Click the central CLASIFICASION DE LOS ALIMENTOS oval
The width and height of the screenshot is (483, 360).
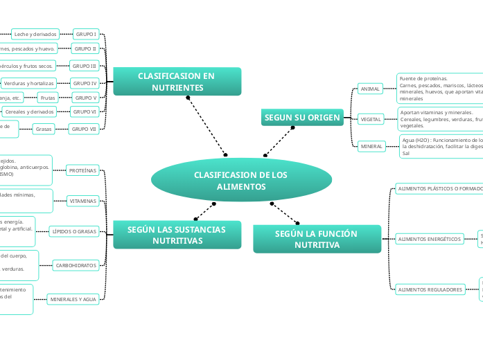240,181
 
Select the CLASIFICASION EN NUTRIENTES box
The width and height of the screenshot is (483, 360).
177,82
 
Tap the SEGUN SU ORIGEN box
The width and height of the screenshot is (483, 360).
302,118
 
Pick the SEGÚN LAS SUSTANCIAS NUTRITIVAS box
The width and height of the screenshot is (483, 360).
177,235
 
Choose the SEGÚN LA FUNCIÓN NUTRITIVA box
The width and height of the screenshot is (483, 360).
317,239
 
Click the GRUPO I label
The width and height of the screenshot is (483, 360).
86,33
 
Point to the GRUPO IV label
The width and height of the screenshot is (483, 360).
85,83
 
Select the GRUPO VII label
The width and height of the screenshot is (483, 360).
84,129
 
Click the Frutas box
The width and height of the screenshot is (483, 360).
47,98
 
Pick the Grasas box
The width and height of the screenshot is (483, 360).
44,129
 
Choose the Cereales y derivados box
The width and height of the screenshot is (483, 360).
30,111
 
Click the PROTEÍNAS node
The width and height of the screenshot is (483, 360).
82,170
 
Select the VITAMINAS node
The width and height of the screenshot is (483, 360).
82,201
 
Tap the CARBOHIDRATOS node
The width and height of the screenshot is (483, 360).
76,265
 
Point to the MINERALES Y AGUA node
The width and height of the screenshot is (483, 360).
73,300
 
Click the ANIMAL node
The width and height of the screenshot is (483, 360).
371,89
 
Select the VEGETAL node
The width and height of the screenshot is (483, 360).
371,120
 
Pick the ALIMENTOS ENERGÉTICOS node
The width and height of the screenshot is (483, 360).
429,239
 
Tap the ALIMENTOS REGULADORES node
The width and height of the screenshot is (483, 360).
430,290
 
